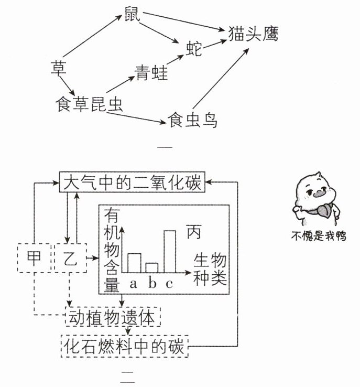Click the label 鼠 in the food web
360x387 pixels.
point(133,14)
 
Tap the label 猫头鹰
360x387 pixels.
point(254,34)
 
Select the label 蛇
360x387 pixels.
point(194,49)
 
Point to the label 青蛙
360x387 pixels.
point(151,72)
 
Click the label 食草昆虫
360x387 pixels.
point(89,104)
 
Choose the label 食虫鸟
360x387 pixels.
point(192,120)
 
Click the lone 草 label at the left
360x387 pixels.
point(59,68)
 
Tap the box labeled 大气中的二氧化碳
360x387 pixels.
point(132,182)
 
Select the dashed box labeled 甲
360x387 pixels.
point(35,258)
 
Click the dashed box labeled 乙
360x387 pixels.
point(71,258)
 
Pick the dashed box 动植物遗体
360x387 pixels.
point(113,317)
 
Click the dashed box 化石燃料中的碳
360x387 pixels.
point(125,346)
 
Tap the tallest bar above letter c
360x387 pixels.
point(170,252)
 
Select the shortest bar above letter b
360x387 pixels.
point(152,268)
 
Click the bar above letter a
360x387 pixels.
point(134,263)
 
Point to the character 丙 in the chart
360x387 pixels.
point(194,231)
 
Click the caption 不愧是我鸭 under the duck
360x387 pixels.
point(319,236)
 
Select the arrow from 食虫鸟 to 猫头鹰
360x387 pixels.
point(221,79)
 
